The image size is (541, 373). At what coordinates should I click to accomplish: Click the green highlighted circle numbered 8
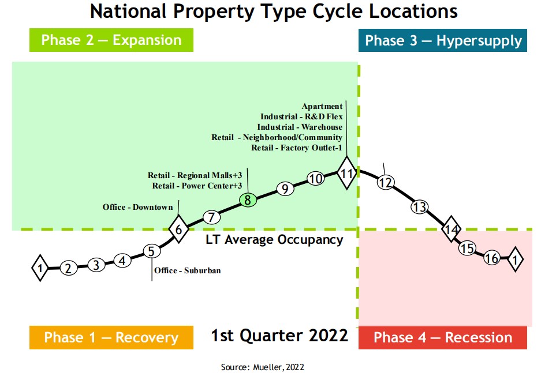[x=248, y=200]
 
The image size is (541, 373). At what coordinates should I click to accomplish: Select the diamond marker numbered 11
[x=346, y=173]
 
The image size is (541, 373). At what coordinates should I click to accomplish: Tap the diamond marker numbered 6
[x=179, y=229]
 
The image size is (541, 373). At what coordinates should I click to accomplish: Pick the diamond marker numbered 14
[x=452, y=229]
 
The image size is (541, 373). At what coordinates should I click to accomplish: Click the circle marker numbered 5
[x=151, y=251]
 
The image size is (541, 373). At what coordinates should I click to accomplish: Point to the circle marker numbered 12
[x=385, y=183]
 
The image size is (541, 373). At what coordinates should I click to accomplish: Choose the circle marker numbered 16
[x=492, y=258]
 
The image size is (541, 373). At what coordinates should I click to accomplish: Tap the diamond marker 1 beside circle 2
[x=40, y=268]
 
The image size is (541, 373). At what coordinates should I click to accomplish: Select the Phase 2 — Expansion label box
[x=111, y=40]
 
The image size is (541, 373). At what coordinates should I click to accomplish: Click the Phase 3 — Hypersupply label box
[x=443, y=40]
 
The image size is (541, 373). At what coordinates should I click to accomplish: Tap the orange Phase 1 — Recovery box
[x=111, y=337]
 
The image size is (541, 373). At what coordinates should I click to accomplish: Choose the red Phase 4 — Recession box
[x=443, y=337]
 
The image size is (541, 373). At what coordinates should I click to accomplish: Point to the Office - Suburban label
[x=187, y=270]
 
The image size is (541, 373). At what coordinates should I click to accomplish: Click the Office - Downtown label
[x=137, y=207]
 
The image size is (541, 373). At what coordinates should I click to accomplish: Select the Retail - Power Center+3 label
[x=197, y=186]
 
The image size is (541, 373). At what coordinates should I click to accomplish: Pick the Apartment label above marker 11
[x=322, y=106]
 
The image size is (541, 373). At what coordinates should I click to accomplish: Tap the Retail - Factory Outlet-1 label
[x=297, y=148]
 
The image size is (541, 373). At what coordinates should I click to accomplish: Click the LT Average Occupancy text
[x=274, y=239]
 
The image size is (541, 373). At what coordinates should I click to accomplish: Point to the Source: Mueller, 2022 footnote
[x=262, y=367]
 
